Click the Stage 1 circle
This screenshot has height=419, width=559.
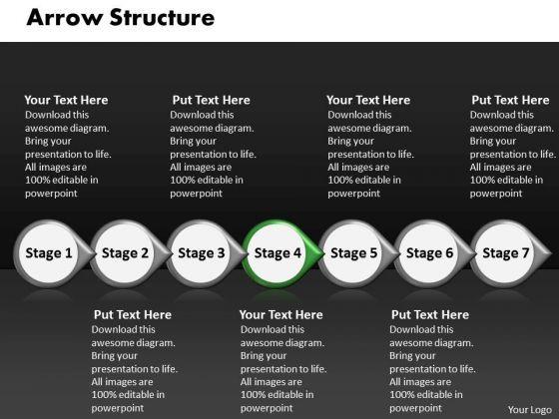coord(49,253)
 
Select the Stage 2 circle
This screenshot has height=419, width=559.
coord(125,253)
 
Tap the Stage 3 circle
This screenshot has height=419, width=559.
coord(201,253)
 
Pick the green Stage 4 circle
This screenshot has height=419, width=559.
coord(277,253)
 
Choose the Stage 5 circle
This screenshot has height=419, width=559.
coord(353,253)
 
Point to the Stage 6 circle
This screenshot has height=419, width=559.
coord(429,253)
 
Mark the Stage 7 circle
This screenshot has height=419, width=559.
coord(505,253)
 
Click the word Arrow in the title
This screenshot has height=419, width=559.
coord(64,18)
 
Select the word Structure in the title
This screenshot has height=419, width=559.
coord(162,18)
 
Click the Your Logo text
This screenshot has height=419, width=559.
coord(530,410)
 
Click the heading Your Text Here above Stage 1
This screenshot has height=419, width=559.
coord(66,100)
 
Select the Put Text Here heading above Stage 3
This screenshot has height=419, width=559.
coord(211,100)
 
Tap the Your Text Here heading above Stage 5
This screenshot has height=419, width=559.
coord(368,100)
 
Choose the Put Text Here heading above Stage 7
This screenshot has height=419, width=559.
coord(510,100)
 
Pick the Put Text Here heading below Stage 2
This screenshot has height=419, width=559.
coord(133,315)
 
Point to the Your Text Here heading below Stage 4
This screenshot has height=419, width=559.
coord(281,315)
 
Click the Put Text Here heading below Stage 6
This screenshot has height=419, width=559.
coord(430,315)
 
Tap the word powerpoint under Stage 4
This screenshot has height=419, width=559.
coord(267,408)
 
